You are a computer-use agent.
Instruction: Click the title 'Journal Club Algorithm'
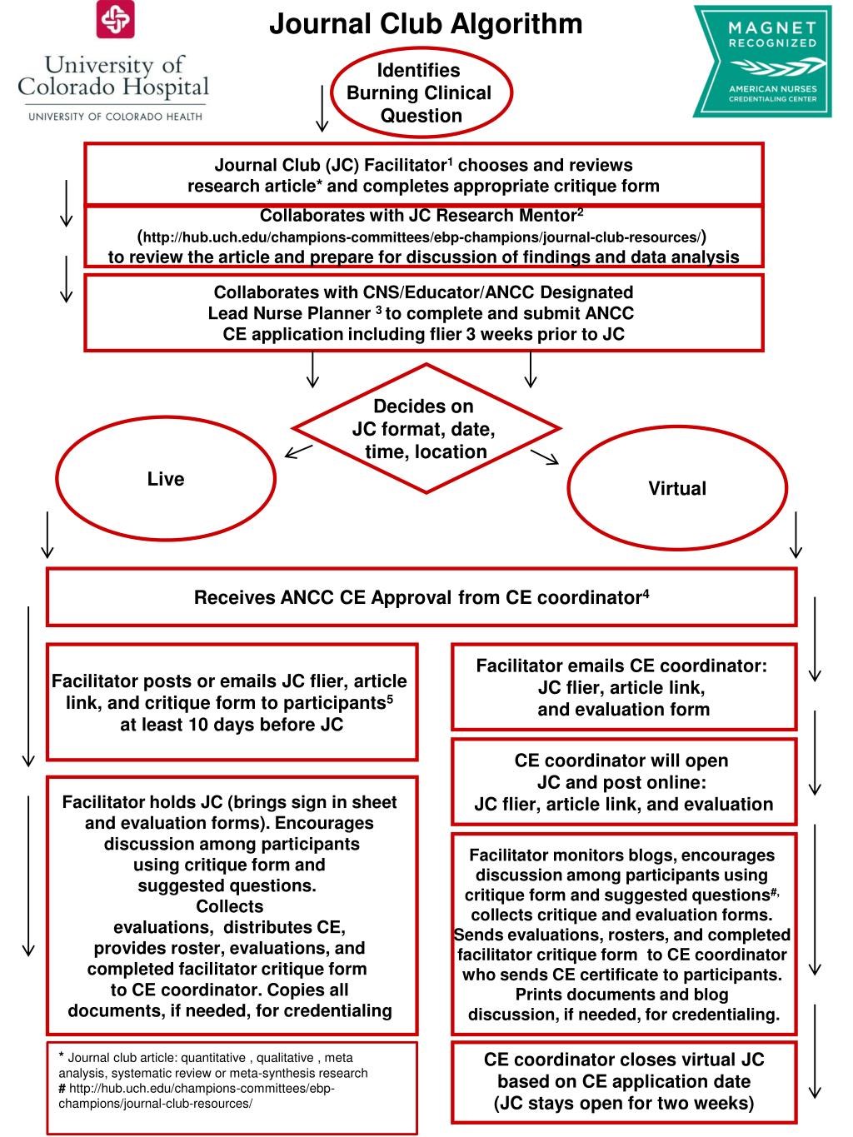tap(426, 23)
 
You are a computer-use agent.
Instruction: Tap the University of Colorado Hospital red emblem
tap(115, 20)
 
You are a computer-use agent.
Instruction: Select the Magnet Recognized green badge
tap(761, 61)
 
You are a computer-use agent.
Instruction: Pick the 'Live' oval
tap(166, 479)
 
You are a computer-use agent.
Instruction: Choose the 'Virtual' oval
tap(676, 489)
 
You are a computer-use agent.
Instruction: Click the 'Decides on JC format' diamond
tap(426, 429)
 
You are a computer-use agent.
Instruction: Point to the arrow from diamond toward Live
tap(298, 451)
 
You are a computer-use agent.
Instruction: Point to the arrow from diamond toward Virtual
tap(545, 456)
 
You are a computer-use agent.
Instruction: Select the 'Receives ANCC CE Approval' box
tap(422, 597)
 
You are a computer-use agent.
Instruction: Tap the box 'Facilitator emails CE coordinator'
tap(623, 688)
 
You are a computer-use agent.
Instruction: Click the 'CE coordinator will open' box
tap(623, 782)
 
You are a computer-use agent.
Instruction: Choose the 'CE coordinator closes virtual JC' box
tap(623, 1081)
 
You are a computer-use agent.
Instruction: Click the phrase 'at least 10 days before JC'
tap(232, 725)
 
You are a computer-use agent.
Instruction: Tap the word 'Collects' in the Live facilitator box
tap(229, 906)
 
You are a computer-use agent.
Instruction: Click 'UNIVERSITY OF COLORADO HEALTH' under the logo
tap(115, 116)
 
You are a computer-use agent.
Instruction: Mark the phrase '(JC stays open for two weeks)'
tap(623, 1104)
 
